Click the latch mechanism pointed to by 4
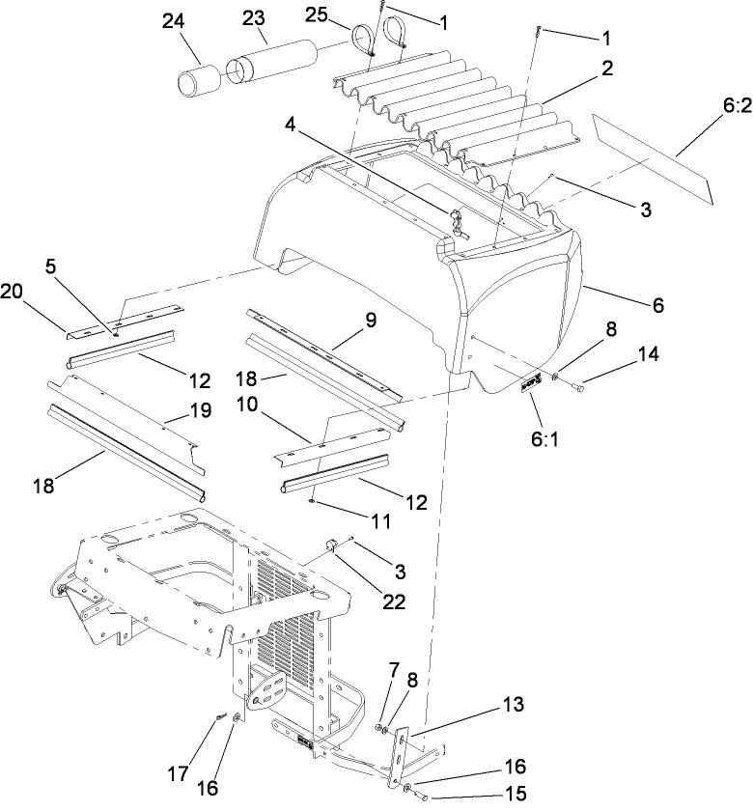(x=456, y=223)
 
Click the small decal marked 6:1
(x=530, y=388)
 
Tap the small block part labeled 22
(x=329, y=547)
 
